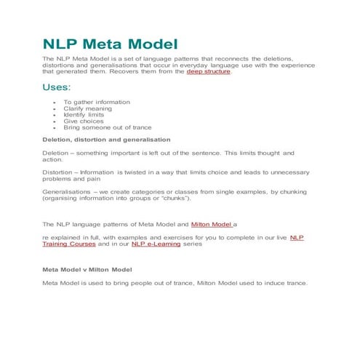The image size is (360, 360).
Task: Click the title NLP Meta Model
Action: pos(110,44)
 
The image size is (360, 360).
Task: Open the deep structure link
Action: pos(207,72)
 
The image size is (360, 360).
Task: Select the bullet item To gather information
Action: pos(96,102)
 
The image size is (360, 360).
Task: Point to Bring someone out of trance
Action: pos(102,127)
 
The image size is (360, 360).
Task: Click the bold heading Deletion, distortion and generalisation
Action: pos(107,139)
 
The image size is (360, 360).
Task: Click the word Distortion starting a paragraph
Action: pos(59,172)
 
